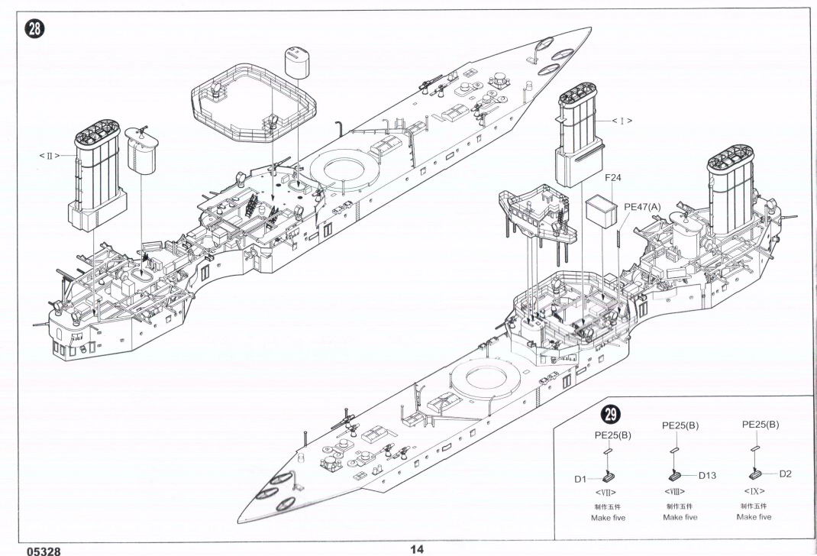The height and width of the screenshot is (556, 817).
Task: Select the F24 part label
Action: (x=614, y=179)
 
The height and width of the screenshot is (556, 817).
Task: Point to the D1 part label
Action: (x=580, y=479)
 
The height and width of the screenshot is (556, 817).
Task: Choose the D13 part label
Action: (x=706, y=476)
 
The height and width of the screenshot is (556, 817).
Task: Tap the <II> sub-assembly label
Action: (x=50, y=156)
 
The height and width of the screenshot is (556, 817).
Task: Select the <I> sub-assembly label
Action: (x=623, y=121)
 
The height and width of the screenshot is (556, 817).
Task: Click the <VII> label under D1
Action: (x=605, y=493)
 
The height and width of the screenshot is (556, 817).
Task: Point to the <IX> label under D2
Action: (x=753, y=490)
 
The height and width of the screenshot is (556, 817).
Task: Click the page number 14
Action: (x=416, y=548)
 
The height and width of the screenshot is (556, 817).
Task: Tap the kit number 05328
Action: (x=42, y=550)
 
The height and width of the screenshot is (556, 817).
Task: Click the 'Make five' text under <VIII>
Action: (x=680, y=517)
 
